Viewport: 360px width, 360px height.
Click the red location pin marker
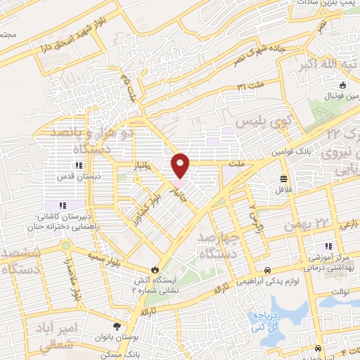[x=181, y=166]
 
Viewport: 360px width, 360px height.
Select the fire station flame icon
[x=155, y=269]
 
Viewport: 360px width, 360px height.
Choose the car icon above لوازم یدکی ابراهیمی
[x=267, y=270]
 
